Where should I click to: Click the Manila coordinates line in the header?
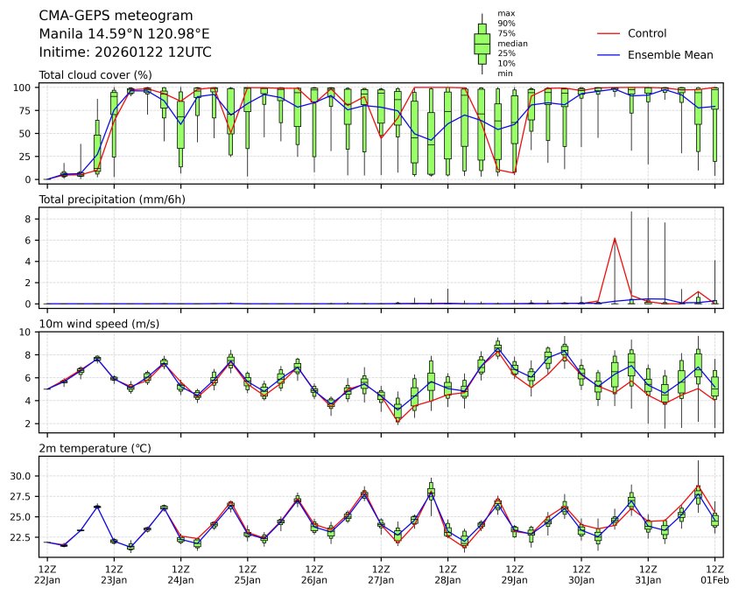tap(124, 34)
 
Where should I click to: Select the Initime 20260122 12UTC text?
tap(125, 52)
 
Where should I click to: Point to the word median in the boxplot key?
tap(512, 43)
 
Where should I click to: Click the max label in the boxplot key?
tap(505, 13)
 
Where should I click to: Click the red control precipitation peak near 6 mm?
tap(615, 238)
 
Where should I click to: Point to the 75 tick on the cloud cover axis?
tap(26, 110)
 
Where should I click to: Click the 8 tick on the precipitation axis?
tap(29, 219)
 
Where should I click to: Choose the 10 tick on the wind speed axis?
tap(26, 332)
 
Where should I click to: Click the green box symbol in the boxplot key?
tap(482, 42)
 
